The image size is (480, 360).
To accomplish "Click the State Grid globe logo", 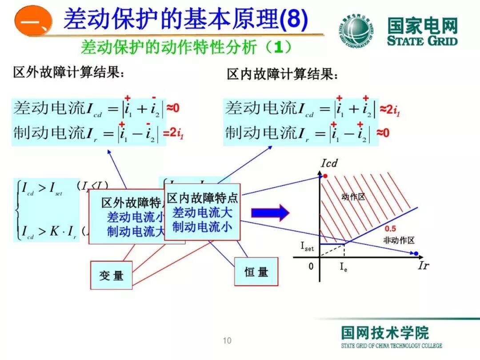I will (357, 31).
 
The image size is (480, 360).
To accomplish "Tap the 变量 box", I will (111, 276).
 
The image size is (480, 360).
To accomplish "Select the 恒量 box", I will (256, 272).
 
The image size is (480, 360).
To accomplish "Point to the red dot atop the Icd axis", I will (325, 176).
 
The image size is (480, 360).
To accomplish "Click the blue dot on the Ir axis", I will (416, 254).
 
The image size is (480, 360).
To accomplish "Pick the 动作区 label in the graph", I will (353, 196).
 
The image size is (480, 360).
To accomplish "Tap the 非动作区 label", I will (399, 240).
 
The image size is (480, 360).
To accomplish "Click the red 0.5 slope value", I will (390, 229).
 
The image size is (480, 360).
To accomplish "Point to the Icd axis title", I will (329, 163).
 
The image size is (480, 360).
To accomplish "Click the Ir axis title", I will (423, 265).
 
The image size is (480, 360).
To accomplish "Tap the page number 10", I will (227, 341).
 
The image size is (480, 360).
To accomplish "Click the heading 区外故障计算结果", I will (68, 72).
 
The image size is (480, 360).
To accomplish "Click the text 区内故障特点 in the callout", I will (202, 198).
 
